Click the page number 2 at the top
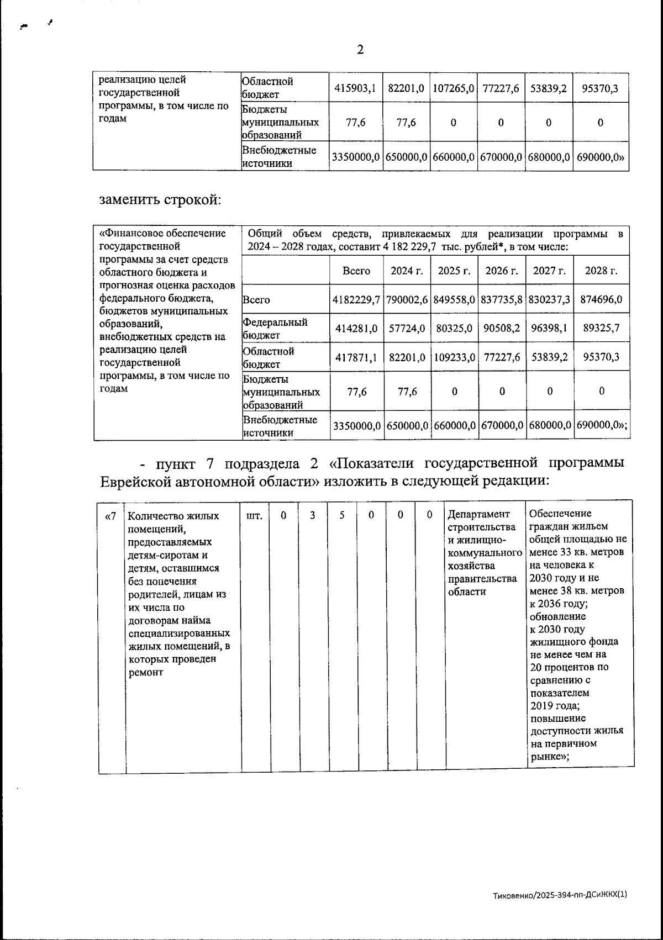tap(360, 50)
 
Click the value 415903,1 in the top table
tap(356, 88)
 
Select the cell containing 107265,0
tap(454, 88)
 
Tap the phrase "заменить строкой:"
tap(160, 199)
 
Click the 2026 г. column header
tap(501, 271)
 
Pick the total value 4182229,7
tap(356, 300)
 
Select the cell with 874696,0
tap(601, 300)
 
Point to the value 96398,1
tap(549, 328)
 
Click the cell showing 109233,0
tap(454, 357)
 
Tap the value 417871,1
tap(356, 357)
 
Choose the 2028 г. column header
tap(601, 271)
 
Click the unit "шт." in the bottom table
tap(254, 516)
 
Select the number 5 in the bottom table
tap(342, 515)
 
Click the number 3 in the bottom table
tap(313, 515)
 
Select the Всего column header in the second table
tap(356, 271)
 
